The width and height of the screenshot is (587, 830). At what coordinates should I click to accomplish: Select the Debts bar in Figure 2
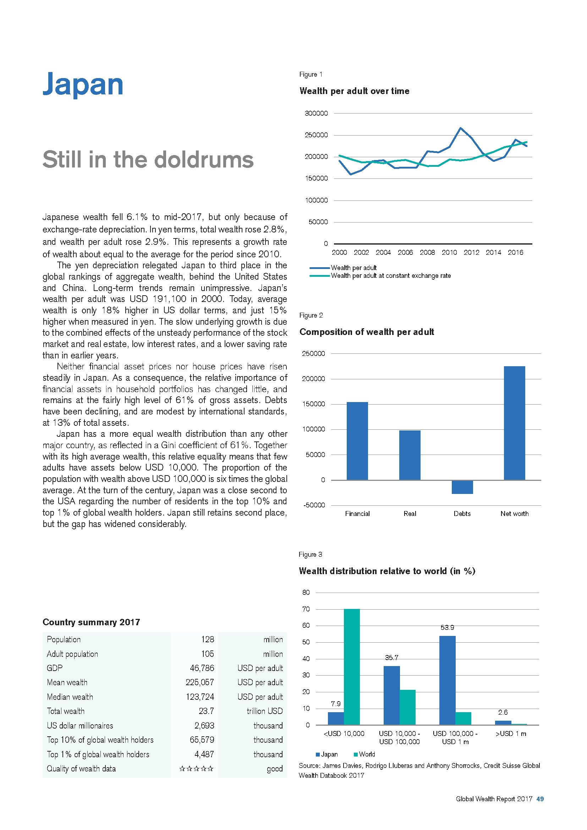pyautogui.click(x=462, y=487)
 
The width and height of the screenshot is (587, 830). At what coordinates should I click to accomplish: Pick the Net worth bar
pyautogui.click(x=514, y=423)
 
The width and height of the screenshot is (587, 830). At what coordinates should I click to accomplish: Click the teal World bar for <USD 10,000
pyautogui.click(x=352, y=667)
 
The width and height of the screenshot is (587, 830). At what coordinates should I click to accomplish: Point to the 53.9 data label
pyautogui.click(x=447, y=628)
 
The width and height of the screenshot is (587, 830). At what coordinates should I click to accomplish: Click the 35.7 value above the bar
pyautogui.click(x=391, y=658)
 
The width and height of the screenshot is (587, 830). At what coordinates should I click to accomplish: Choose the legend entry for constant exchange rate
pyautogui.click(x=390, y=276)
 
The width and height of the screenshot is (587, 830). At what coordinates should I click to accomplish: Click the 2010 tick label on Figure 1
pyautogui.click(x=449, y=253)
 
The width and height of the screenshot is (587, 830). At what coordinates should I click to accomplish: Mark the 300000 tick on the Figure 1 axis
pyautogui.click(x=316, y=114)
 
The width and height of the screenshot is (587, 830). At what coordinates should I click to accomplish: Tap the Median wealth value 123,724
pyautogui.click(x=200, y=697)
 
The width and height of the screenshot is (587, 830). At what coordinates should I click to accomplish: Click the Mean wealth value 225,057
pyautogui.click(x=200, y=682)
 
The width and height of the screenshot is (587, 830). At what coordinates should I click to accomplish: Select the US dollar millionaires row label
pyautogui.click(x=80, y=726)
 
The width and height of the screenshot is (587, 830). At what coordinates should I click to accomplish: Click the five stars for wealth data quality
pyautogui.click(x=196, y=769)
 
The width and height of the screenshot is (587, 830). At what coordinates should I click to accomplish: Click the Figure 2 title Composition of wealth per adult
pyautogui.click(x=367, y=332)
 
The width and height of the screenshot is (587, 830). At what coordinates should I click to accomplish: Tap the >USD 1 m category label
pyautogui.click(x=511, y=734)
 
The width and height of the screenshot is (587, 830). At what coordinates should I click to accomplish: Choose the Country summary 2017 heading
pyautogui.click(x=91, y=622)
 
